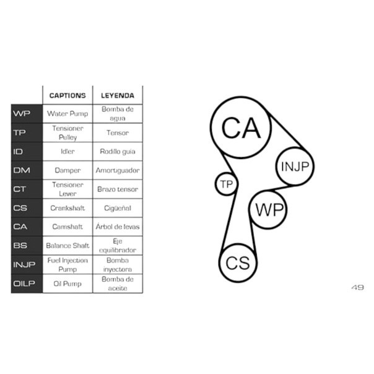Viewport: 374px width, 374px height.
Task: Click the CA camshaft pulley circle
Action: coord(241,97)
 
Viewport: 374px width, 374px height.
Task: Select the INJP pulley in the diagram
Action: coord(295,148)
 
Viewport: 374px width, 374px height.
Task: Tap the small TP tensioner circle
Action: coord(226,173)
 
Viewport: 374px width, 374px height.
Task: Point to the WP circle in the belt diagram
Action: coord(268,191)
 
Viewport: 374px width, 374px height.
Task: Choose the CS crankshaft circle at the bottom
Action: coord(238,245)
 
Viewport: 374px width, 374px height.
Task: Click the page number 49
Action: coord(357,287)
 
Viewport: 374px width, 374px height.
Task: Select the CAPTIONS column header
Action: coord(67,95)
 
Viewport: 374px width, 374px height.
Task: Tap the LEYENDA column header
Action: coord(118,95)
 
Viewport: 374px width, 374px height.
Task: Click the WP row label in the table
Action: coord(22,113)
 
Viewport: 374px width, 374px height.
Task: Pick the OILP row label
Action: coord(24,284)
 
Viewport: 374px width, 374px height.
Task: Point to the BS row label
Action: coord(20,245)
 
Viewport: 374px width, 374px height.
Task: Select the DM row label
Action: coord(22,170)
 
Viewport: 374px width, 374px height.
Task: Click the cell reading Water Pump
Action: coord(67,113)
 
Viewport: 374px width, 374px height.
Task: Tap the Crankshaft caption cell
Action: coord(67,208)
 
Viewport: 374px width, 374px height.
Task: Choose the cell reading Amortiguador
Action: coord(118,170)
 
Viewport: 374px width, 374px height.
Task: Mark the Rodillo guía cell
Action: coord(118,152)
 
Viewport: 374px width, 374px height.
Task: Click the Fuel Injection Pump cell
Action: coord(67,264)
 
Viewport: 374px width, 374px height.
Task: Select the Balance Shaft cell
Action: coord(67,245)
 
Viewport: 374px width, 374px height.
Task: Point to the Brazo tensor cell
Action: coord(118,189)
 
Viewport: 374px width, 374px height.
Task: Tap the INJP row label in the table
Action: coord(24,264)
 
